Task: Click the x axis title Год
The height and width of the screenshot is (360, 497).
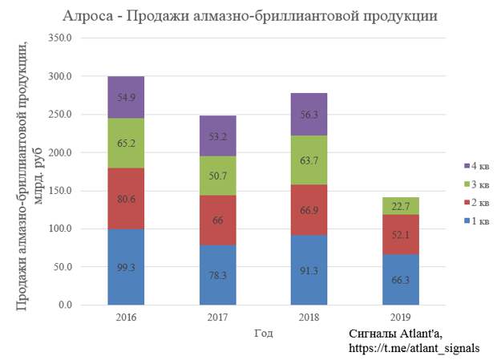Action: pos(263,331)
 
